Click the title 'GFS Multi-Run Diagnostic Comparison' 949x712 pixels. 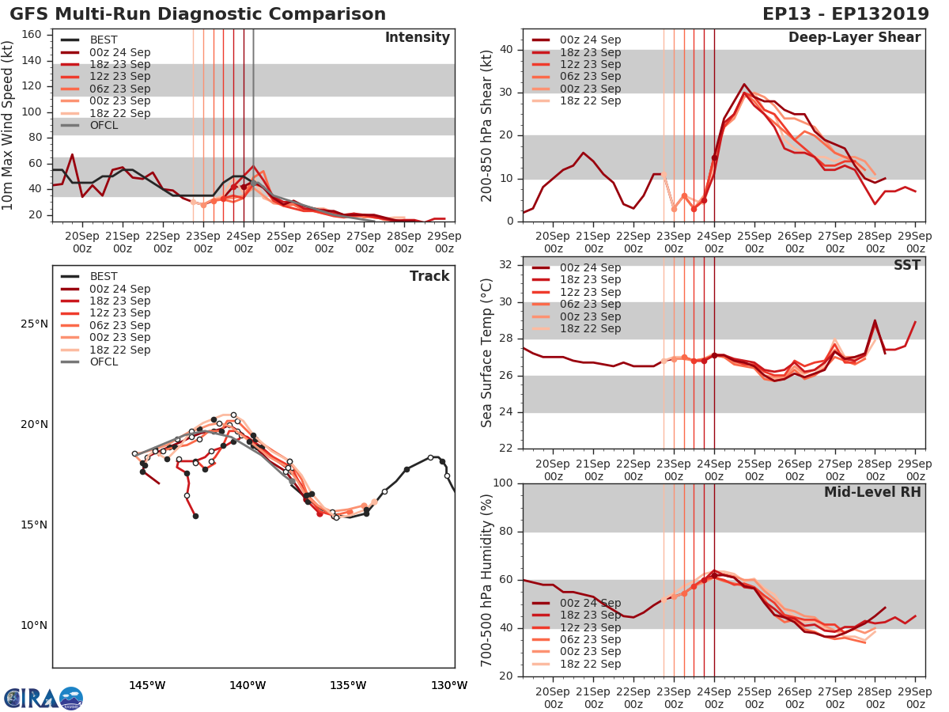[198, 14]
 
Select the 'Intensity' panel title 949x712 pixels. [417, 38]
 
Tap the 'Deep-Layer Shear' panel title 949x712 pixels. [854, 38]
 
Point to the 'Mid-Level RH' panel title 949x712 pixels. [872, 492]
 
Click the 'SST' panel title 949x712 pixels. [907, 265]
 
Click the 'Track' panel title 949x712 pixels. [429, 276]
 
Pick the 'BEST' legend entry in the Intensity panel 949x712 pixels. [104, 40]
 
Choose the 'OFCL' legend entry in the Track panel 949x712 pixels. [104, 362]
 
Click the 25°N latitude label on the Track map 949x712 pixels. [34, 324]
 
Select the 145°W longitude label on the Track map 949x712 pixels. [147, 685]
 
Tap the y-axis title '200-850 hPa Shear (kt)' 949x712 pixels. [487, 125]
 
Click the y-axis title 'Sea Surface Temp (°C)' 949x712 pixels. [487, 353]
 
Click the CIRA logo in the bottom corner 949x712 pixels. [43, 698]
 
